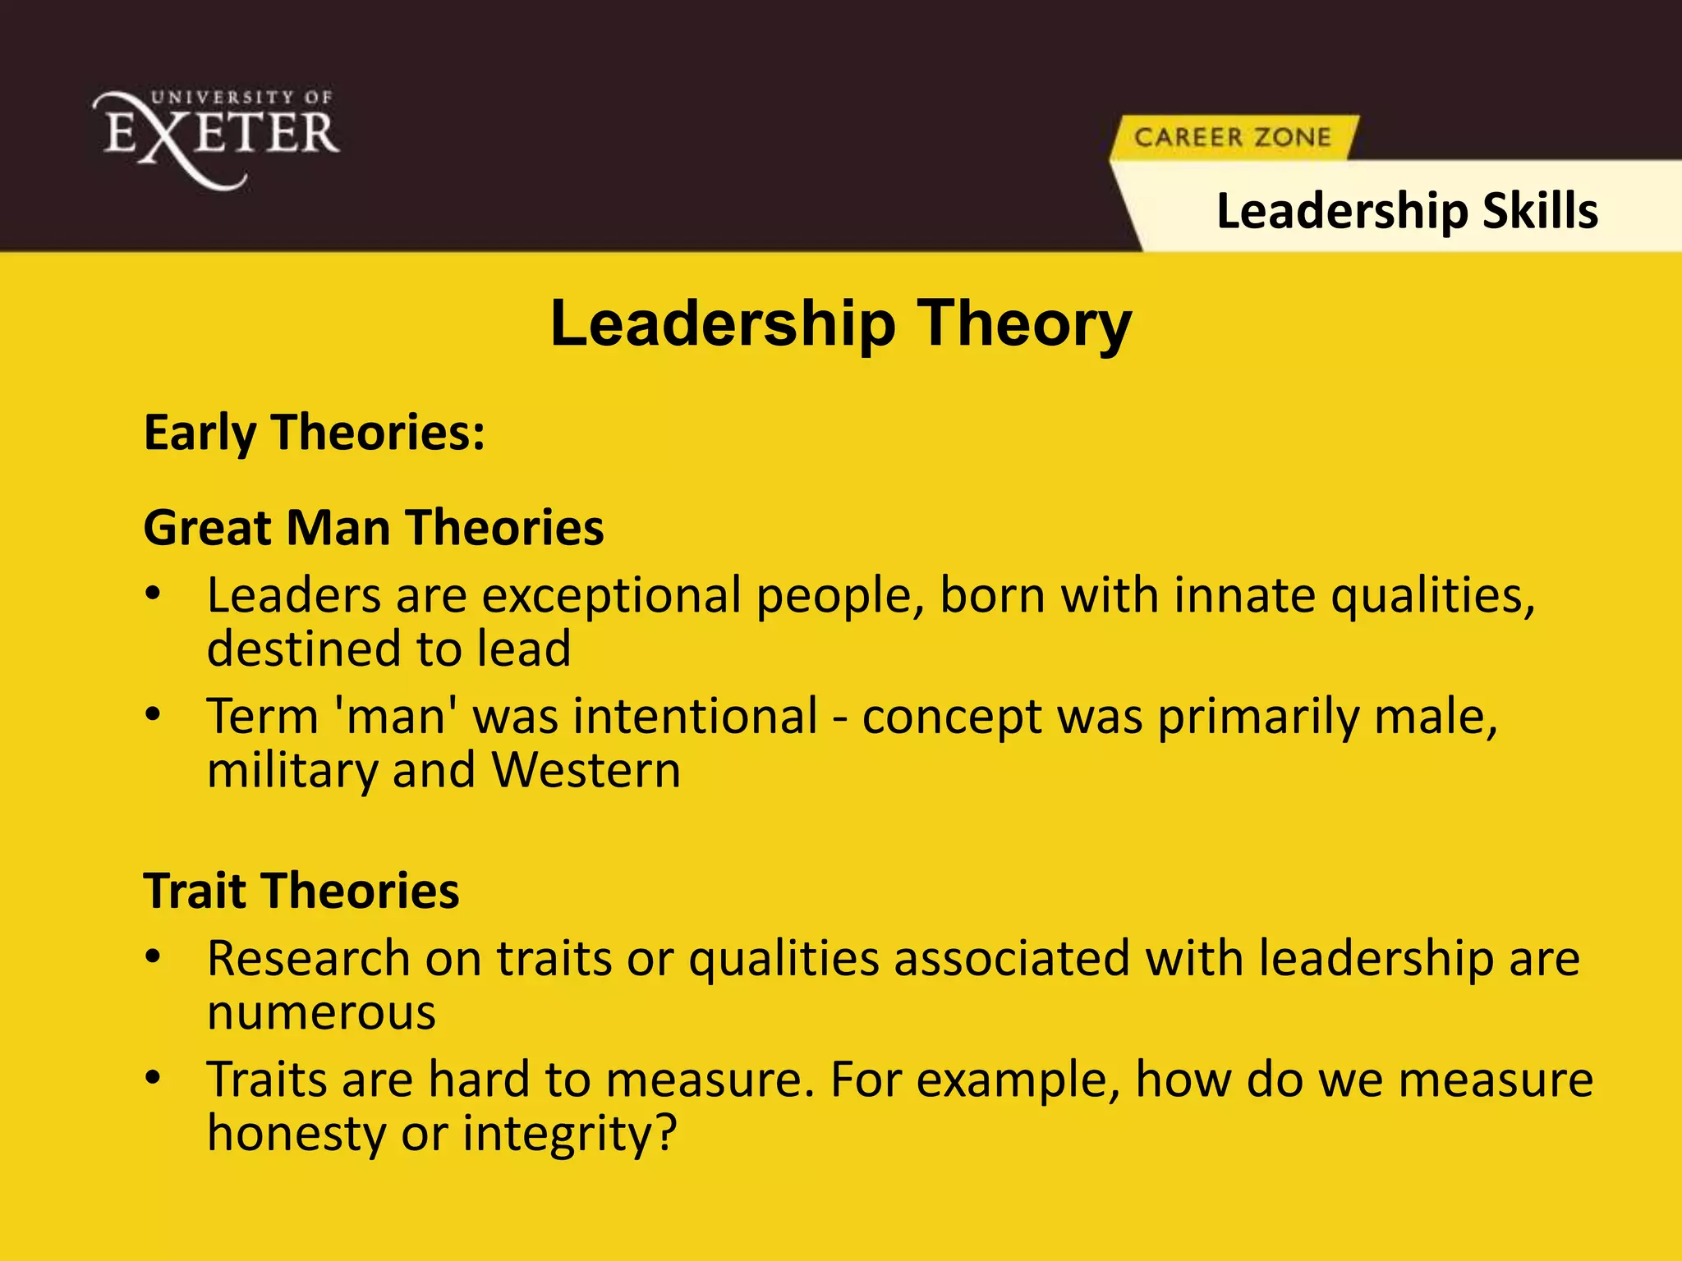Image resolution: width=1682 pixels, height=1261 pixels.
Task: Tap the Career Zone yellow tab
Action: [1232, 137]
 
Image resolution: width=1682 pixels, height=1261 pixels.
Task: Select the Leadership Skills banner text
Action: [1407, 211]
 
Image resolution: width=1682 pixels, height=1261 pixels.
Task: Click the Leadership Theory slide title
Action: [840, 323]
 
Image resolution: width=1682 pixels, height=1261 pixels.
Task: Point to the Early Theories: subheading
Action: [315, 433]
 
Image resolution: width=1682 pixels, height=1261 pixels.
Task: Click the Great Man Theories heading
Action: [374, 527]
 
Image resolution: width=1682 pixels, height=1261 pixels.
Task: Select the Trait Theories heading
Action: [301, 891]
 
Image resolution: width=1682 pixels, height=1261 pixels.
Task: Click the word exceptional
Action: [611, 595]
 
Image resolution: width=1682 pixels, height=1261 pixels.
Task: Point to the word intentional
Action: [695, 716]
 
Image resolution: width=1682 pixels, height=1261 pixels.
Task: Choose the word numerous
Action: [321, 1012]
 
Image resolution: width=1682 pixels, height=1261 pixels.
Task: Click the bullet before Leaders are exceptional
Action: [153, 595]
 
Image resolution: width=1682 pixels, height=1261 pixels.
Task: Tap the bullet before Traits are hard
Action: [153, 1079]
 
